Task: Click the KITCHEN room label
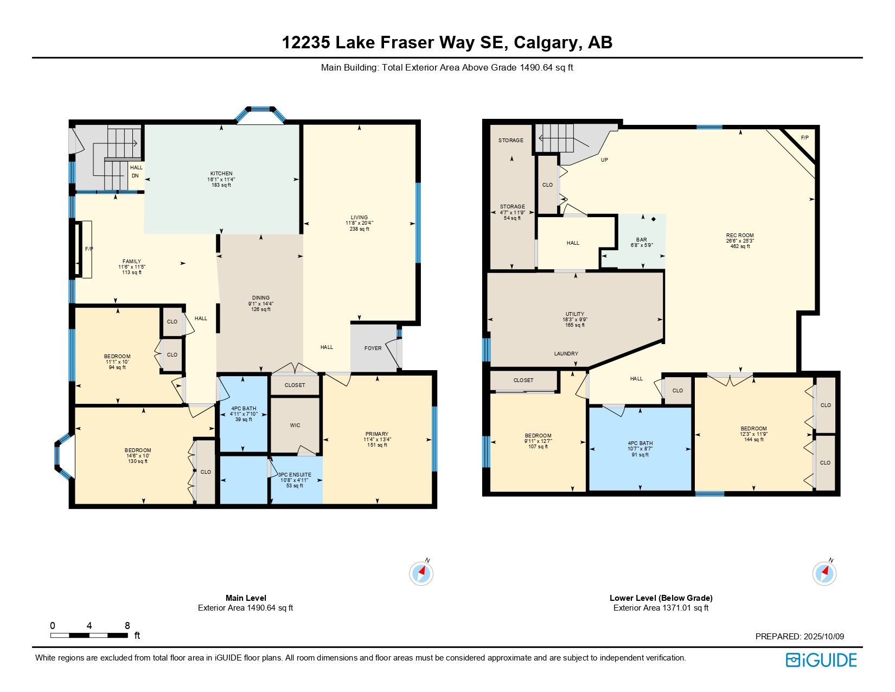(x=221, y=174)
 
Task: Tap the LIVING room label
(x=359, y=217)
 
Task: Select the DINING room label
(x=261, y=297)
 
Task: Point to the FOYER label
(x=373, y=348)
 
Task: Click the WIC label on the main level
(x=295, y=426)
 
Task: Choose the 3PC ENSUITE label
(x=295, y=475)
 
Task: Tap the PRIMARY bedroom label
(x=377, y=434)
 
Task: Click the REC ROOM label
(x=740, y=236)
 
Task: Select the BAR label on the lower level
(x=641, y=239)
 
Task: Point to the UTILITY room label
(x=575, y=314)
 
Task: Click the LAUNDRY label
(x=566, y=354)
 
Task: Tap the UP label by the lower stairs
(x=604, y=160)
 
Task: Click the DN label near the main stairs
(x=135, y=175)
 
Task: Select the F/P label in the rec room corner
(x=805, y=138)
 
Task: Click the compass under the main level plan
(x=421, y=573)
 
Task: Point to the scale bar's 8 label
(x=127, y=626)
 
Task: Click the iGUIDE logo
(x=821, y=661)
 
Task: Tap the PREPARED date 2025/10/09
(x=824, y=636)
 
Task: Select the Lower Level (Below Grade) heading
(x=661, y=598)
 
